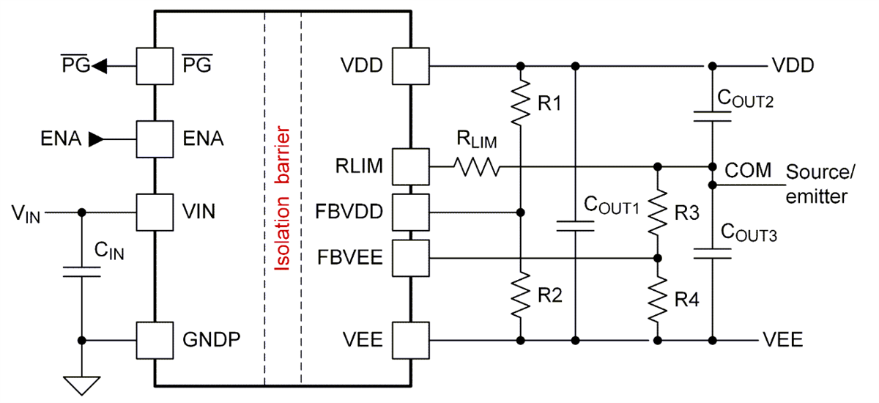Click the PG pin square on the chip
click(155, 67)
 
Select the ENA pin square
click(155, 138)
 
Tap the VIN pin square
click(155, 212)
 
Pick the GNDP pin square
click(155, 340)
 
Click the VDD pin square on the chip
click(410, 67)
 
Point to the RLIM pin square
click(410, 168)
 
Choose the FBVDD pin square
click(410, 212)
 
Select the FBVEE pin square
click(410, 258)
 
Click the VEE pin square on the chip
click(410, 340)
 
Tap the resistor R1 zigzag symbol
click(520, 103)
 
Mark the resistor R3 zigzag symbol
click(658, 212)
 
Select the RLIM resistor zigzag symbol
click(476, 168)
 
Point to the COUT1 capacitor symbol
click(576, 225)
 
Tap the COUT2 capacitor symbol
click(712, 114)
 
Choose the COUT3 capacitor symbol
click(712, 254)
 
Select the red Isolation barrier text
click(283, 200)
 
